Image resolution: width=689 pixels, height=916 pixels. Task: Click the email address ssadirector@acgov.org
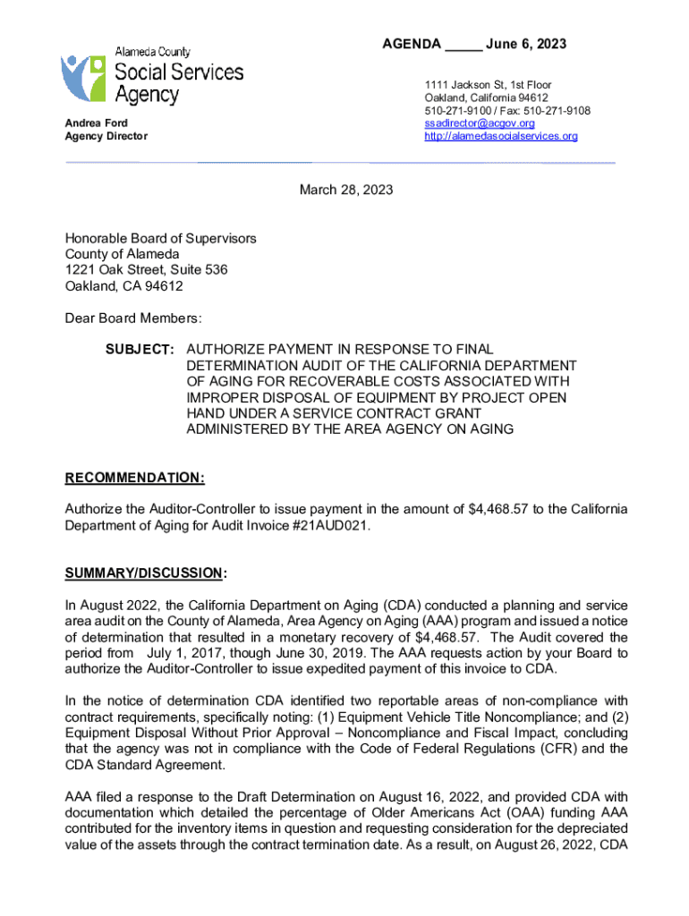480,123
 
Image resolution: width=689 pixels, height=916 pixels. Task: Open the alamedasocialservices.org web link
501,136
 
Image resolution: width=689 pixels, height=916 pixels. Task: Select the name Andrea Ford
96,123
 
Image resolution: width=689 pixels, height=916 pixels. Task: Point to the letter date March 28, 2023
345,191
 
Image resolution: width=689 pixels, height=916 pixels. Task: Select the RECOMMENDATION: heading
134,478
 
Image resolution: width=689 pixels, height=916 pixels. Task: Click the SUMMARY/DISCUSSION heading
143,572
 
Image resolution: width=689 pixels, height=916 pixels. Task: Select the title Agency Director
106,136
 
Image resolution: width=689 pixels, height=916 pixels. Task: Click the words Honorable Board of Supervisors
160,238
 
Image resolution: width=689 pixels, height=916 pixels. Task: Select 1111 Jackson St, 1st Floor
488,85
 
